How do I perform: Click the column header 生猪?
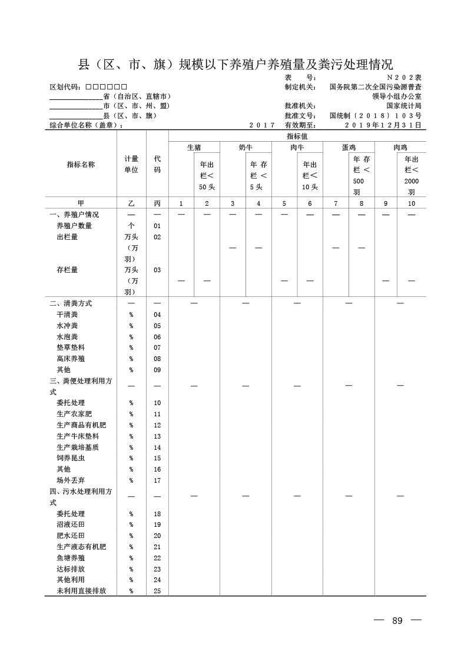(194, 148)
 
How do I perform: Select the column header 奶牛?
(246, 148)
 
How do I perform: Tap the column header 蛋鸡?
(349, 148)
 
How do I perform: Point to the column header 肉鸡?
(400, 148)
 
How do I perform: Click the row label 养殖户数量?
(74, 226)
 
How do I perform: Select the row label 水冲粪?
(67, 326)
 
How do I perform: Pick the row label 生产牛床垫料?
(78, 436)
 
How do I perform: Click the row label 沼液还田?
(71, 524)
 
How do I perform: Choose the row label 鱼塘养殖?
(71, 557)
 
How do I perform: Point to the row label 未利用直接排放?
(81, 591)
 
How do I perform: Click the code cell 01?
(157, 226)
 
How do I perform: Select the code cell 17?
(157, 480)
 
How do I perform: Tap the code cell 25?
(157, 591)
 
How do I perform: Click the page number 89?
(397, 621)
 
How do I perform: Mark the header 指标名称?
(81, 165)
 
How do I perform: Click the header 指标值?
(297, 136)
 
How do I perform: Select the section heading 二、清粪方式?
(71, 303)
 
